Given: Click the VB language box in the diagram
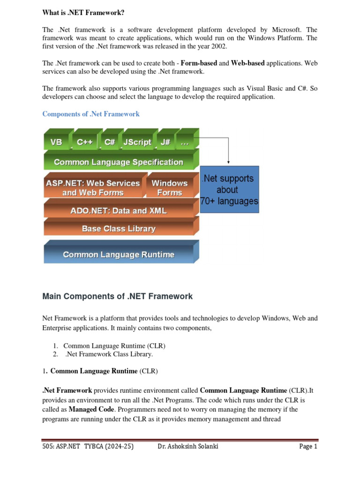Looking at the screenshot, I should pyautogui.click(x=56, y=142).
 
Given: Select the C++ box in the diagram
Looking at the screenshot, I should pyautogui.click(x=84, y=142).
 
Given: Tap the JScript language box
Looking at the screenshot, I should pyautogui.click(x=137, y=142).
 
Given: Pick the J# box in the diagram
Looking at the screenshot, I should pyautogui.click(x=165, y=142).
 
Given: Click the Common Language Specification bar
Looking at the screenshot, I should pyautogui.click(x=119, y=162).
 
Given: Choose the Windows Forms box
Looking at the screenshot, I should pyautogui.click(x=169, y=187).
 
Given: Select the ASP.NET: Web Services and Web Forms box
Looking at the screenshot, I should pyautogui.click(x=92, y=187).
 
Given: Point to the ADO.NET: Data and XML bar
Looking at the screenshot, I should pyautogui.click(x=118, y=211).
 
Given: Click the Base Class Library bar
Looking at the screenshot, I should pyautogui.click(x=119, y=229).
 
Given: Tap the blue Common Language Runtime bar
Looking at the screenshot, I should pyautogui.click(x=119, y=255).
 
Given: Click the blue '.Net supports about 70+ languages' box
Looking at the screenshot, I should pyautogui.click(x=229, y=190).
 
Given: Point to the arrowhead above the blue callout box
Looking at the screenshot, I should pyautogui.click(x=228, y=162).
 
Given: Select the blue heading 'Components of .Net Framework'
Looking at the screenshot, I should pyautogui.click(x=91, y=114).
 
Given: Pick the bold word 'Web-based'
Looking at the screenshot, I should pyautogui.click(x=247, y=63).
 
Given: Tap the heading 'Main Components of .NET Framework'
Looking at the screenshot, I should pyautogui.click(x=117, y=296).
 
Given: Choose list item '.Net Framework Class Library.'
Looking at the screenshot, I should pyautogui.click(x=109, y=354).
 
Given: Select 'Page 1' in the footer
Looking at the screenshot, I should pyautogui.click(x=308, y=447).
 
